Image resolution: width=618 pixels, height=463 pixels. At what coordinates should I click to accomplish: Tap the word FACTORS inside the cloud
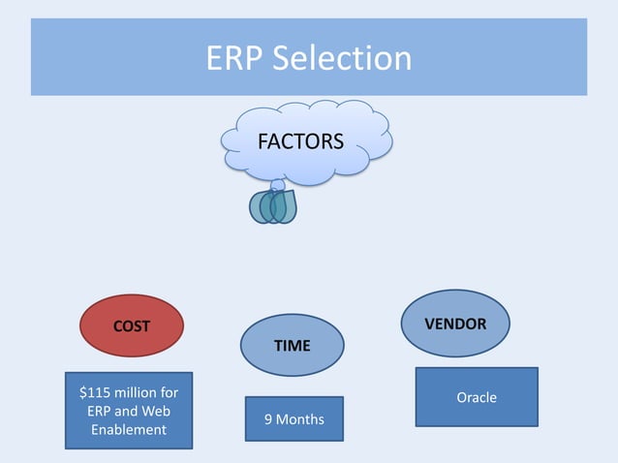click(x=300, y=142)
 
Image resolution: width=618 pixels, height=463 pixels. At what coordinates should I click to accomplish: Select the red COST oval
click(x=131, y=326)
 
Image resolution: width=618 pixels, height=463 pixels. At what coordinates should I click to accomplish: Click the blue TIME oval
click(x=292, y=345)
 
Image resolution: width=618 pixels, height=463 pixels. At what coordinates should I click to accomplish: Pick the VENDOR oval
click(x=454, y=324)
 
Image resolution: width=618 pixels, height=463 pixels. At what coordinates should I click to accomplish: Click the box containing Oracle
click(x=477, y=397)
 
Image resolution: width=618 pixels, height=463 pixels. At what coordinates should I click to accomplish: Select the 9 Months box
click(x=294, y=419)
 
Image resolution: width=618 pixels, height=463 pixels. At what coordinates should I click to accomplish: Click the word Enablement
click(x=129, y=429)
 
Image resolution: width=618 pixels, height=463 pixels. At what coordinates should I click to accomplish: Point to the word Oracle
click(x=477, y=397)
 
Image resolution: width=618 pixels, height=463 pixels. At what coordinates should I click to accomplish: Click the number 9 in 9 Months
click(x=268, y=419)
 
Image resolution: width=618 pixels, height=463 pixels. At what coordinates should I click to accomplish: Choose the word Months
click(x=300, y=419)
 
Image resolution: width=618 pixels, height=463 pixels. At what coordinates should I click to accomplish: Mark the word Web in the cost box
click(x=157, y=411)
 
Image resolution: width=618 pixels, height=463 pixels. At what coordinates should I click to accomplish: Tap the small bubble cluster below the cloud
click(x=273, y=205)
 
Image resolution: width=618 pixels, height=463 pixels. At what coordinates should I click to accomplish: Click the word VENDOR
click(x=455, y=324)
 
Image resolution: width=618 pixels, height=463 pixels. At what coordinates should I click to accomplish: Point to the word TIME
click(x=292, y=345)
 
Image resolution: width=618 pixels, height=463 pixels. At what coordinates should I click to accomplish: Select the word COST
click(x=131, y=326)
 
